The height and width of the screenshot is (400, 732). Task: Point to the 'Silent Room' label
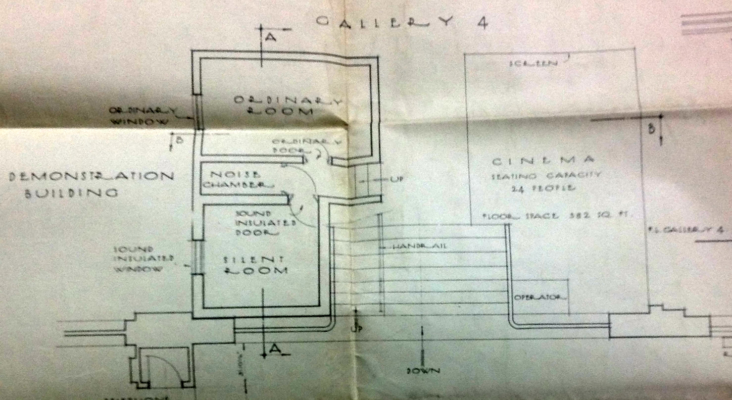tap(254, 265)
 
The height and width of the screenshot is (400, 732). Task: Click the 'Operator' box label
tap(539, 297)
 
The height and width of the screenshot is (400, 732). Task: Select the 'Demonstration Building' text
tap(92, 184)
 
